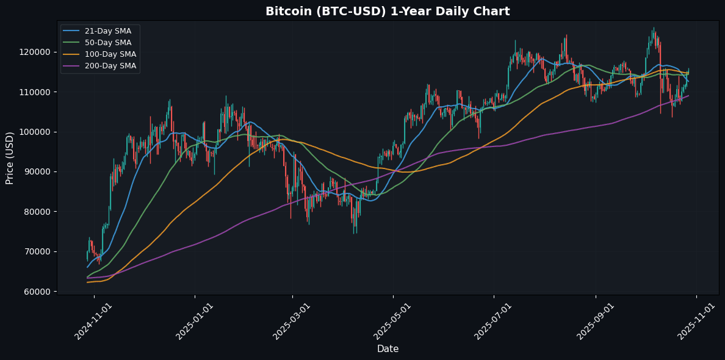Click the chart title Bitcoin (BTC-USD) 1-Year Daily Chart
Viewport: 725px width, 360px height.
tap(388, 12)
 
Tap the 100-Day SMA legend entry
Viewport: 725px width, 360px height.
tap(110, 54)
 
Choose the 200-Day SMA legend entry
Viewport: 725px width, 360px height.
tap(110, 66)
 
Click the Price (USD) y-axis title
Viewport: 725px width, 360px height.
tap(10, 157)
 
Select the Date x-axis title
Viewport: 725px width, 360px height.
tap(388, 349)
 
